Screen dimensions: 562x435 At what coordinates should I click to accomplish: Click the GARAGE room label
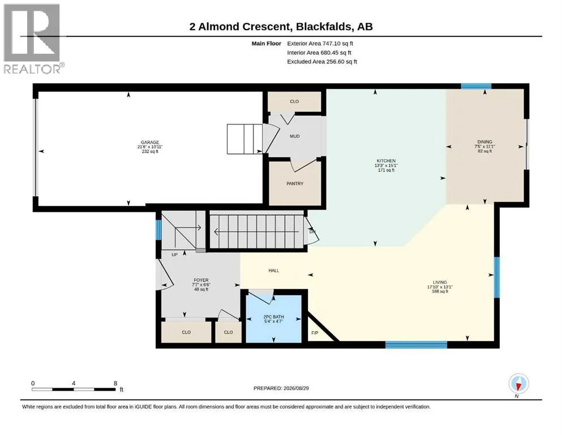[150, 142]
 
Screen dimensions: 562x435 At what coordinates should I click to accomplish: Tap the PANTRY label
[295, 184]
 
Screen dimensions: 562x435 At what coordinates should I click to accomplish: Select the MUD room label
[295, 137]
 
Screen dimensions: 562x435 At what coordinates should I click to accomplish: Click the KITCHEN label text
[386, 161]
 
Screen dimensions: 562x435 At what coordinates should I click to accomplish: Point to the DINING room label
[484, 142]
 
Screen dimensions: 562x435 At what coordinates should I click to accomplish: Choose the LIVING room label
[440, 282]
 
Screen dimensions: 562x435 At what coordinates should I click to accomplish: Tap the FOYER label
[201, 280]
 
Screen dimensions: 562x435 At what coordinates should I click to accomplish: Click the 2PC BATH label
[273, 317]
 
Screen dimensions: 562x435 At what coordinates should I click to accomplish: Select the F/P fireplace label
[315, 333]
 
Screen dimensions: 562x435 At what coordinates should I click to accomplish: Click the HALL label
[274, 271]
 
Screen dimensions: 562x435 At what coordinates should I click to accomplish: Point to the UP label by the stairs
[174, 255]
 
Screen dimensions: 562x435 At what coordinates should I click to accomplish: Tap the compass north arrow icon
[518, 384]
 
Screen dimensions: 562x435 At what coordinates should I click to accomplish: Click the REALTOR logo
[33, 39]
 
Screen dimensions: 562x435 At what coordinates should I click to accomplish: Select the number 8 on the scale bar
[115, 383]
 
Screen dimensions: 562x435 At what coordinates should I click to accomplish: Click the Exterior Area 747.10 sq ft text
[320, 44]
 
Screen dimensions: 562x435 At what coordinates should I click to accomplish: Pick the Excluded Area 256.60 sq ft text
[322, 62]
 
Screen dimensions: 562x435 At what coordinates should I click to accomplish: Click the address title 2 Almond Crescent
[239, 27]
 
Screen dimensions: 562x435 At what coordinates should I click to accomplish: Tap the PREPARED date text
[281, 389]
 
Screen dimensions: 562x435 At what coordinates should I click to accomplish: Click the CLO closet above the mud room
[294, 101]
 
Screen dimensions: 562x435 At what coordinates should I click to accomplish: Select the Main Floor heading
[267, 44]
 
